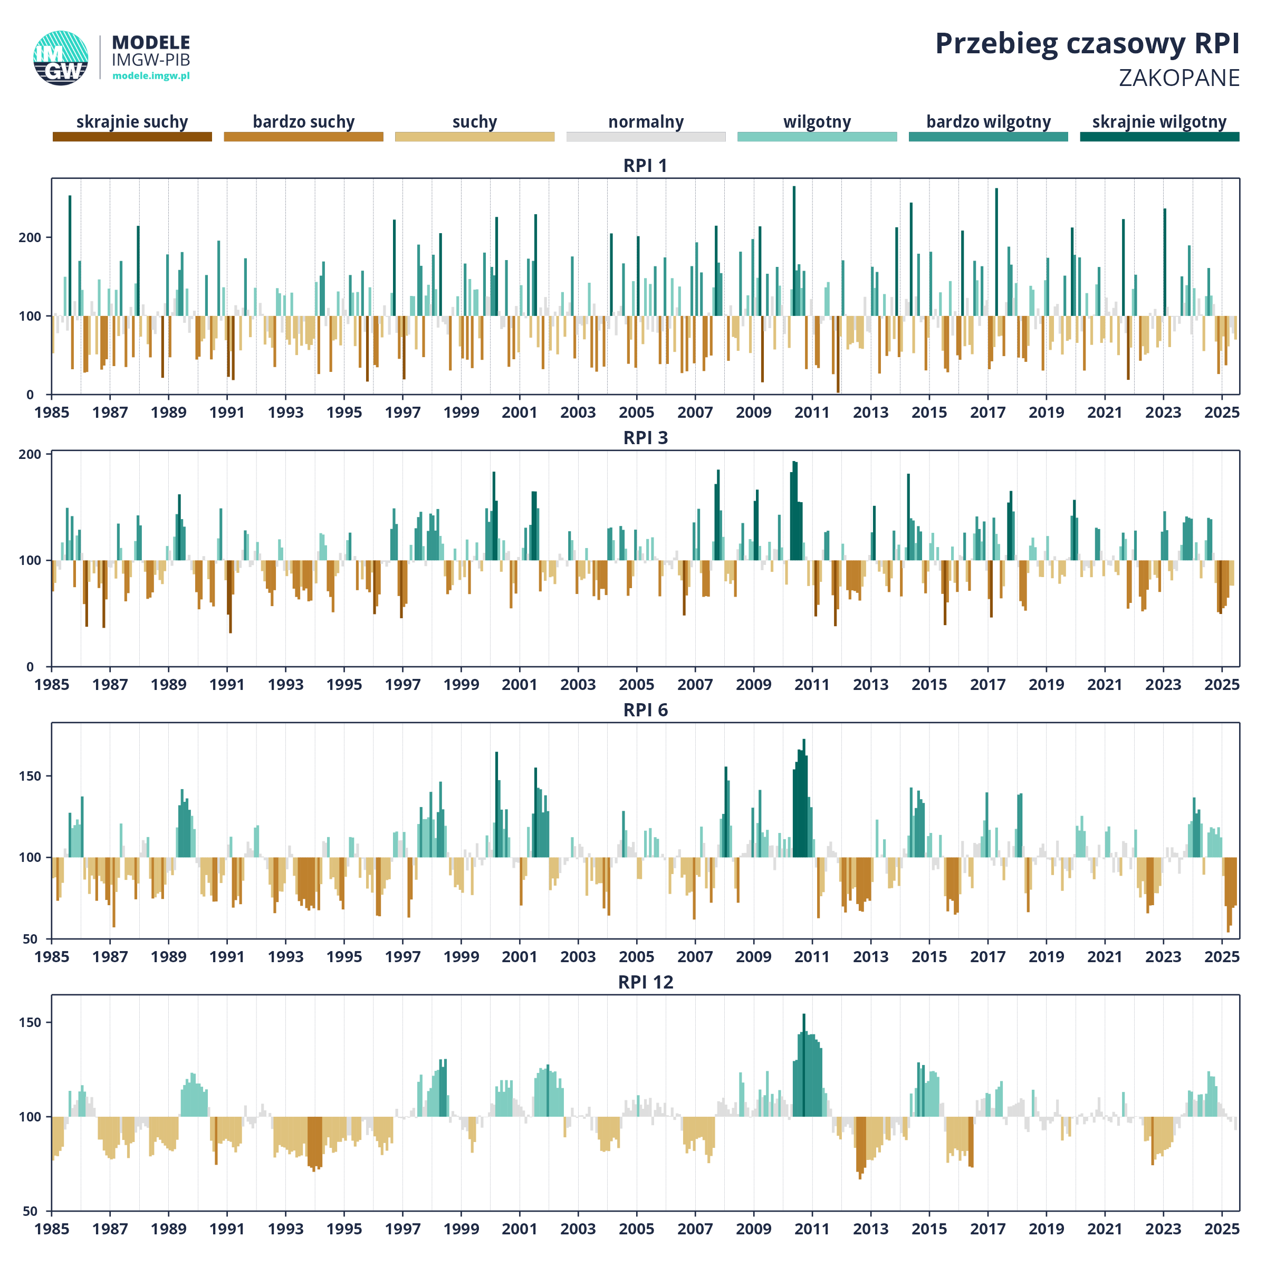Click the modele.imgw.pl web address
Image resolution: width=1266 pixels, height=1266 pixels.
151,75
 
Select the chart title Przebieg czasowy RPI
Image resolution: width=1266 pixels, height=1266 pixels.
1087,44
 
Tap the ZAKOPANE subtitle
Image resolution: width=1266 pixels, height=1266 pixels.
1179,78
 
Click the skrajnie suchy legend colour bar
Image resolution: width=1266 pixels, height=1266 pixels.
132,136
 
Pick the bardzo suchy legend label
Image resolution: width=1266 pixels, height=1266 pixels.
303,122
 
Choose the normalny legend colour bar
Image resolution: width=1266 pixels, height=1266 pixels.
646,136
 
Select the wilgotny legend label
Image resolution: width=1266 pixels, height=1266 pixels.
817,122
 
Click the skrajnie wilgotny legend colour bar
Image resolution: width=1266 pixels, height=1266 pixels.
1160,136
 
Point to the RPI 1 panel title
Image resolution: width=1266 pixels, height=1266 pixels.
646,165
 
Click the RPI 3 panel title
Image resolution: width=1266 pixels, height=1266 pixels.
646,437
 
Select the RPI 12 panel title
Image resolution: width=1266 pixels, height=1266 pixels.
646,982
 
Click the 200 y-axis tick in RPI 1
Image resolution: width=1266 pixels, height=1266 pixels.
30,237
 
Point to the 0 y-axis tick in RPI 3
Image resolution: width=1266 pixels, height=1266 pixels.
30,666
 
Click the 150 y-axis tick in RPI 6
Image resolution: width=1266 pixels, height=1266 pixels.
30,776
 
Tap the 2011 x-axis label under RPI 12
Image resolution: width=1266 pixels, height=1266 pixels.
812,1229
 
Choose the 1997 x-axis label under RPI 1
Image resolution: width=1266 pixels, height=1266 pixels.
402,412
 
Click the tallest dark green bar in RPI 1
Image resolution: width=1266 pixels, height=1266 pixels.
794,251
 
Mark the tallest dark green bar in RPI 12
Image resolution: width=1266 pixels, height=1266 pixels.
804,1066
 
